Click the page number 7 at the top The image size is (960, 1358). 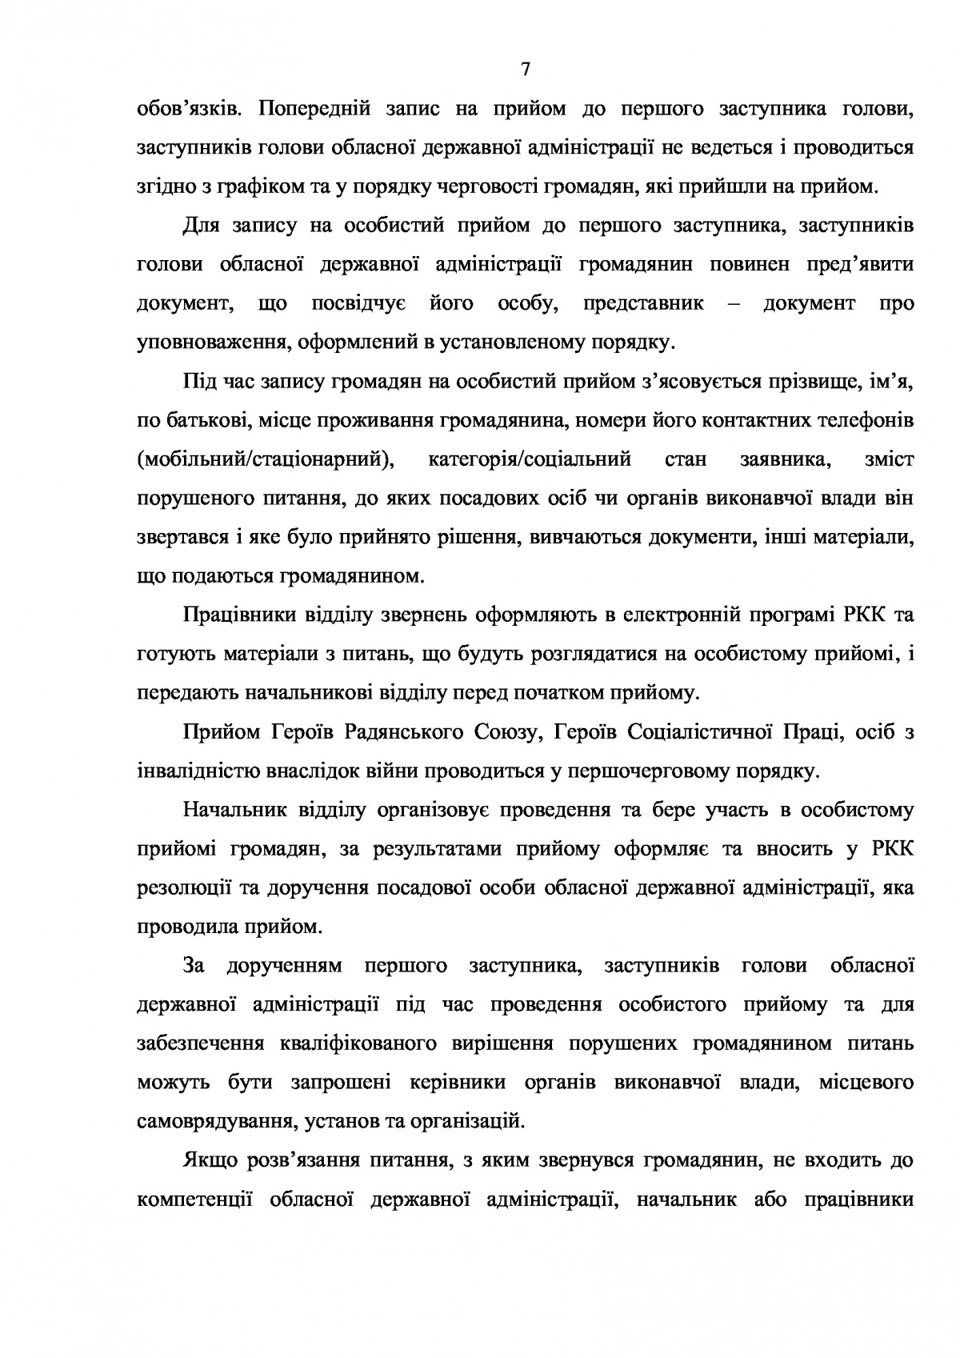[525, 70]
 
